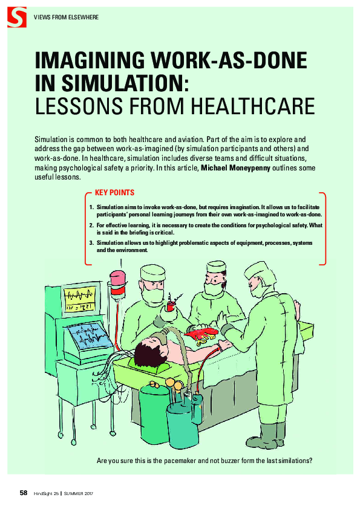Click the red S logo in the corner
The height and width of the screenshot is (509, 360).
pyautogui.click(x=17, y=17)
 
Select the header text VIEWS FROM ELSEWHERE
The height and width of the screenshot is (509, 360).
pyautogui.click(x=67, y=17)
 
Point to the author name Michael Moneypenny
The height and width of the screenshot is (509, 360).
pyautogui.click(x=235, y=168)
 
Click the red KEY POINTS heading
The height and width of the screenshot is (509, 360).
pyautogui.click(x=114, y=193)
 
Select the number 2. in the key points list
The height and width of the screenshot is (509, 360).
pyautogui.click(x=91, y=225)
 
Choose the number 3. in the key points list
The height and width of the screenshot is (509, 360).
pyautogui.click(x=91, y=243)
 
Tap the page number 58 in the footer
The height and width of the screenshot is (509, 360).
pyautogui.click(x=24, y=493)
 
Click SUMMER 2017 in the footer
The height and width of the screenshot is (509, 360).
pyautogui.click(x=78, y=494)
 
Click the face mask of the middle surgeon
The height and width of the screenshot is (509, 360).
pyautogui.click(x=213, y=288)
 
